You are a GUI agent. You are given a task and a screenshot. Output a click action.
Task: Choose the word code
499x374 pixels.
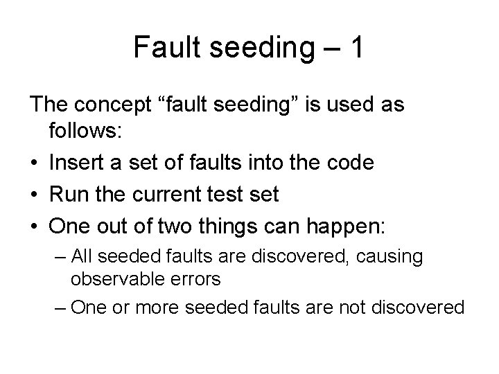tap(352, 163)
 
